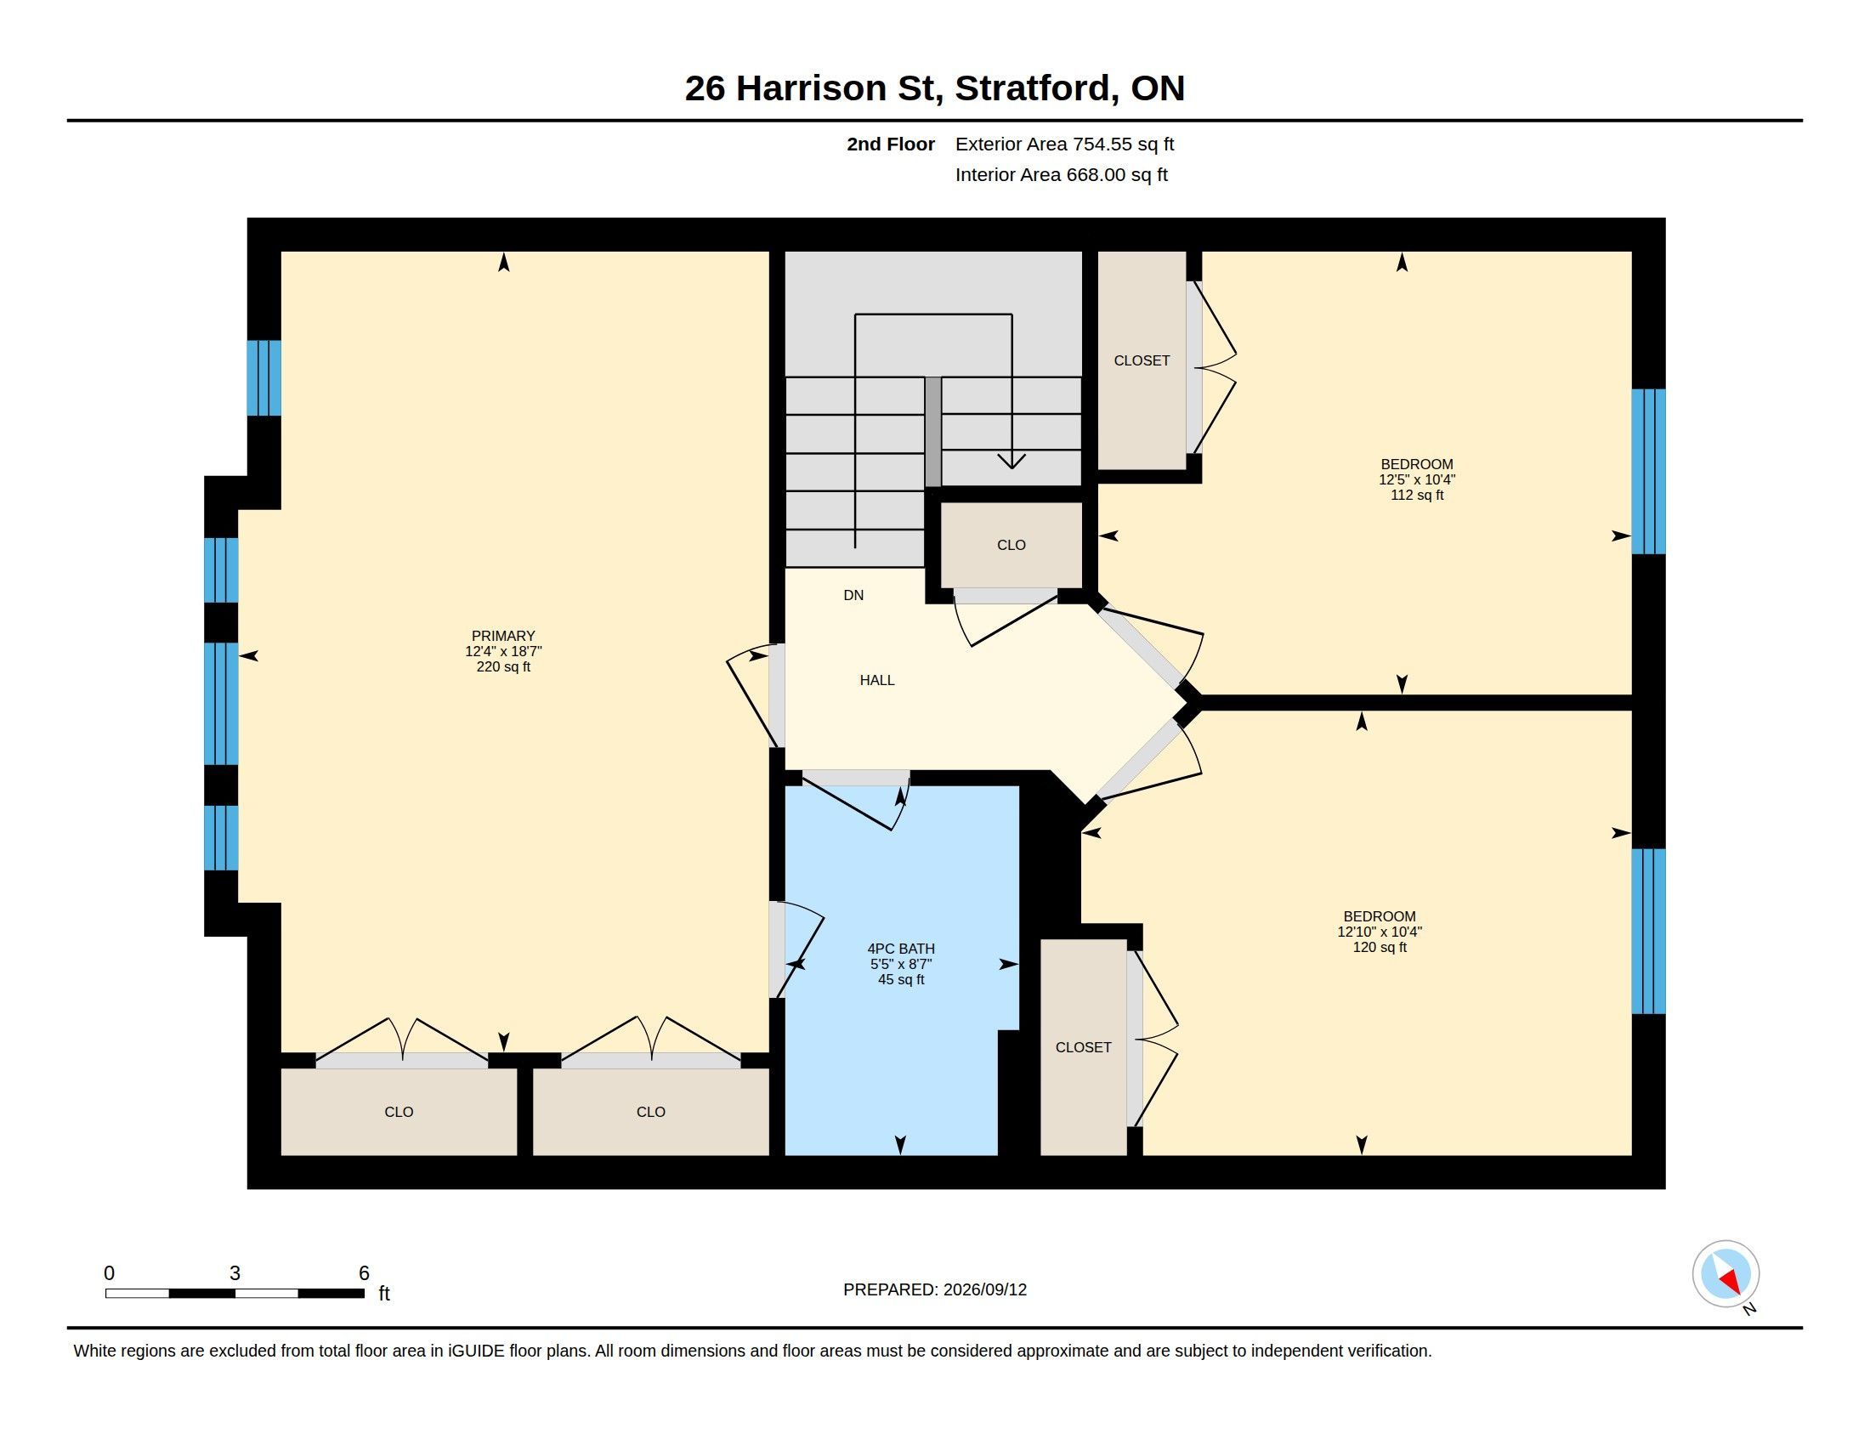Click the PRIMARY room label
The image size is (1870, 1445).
tap(502, 636)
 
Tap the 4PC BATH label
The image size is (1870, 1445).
tap(901, 949)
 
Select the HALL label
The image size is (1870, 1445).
tap(877, 681)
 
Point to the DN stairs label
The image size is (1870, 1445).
tap(853, 595)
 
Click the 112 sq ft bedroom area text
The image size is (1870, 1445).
tap(1416, 495)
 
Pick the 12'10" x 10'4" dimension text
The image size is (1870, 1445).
tap(1380, 932)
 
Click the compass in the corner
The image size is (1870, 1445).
tap(1725, 1273)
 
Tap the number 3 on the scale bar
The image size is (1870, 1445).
tap(235, 1273)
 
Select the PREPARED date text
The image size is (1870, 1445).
tap(934, 1289)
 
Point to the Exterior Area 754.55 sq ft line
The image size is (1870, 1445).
tap(1064, 144)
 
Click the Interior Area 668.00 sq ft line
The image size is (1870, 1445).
tap(1061, 174)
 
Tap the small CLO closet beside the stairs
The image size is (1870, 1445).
tap(1011, 546)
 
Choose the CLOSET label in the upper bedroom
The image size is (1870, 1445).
tap(1142, 360)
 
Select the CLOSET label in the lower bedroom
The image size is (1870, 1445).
tap(1083, 1047)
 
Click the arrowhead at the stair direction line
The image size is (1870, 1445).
tap(1011, 462)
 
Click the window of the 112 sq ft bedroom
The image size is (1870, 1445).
tap(1648, 472)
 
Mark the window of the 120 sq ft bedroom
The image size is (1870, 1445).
tap(1648, 932)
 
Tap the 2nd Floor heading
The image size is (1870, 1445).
tap(891, 144)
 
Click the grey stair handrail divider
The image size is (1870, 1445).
tap(932, 433)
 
